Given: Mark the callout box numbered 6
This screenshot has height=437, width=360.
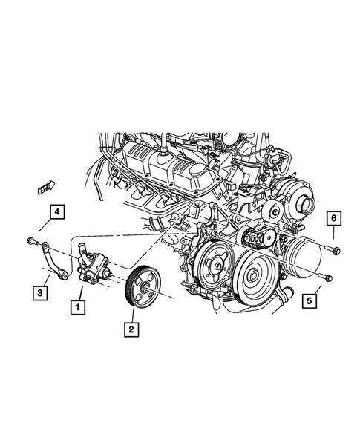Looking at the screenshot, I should (334, 217).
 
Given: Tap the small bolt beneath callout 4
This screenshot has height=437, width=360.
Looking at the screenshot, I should (29, 241).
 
